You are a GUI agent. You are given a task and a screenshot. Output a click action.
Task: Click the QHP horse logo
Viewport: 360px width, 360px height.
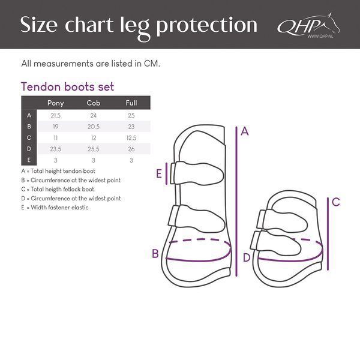click(308, 25)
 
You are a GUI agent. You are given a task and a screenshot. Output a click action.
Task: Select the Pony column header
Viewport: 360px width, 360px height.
click(56, 103)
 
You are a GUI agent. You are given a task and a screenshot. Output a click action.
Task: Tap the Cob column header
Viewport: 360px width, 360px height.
click(94, 103)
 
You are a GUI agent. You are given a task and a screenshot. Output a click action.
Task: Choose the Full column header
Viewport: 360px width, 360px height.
click(131, 103)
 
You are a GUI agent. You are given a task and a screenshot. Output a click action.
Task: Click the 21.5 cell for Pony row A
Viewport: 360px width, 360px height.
click(56, 115)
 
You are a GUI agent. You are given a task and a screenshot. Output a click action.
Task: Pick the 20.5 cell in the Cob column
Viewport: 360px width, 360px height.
click(94, 127)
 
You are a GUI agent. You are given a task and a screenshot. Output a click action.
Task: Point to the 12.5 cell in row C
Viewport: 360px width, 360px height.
click(131, 138)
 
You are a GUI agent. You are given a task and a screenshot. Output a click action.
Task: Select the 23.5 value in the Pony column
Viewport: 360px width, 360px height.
click(56, 149)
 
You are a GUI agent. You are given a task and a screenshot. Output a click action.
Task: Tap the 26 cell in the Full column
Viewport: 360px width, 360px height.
click(131, 149)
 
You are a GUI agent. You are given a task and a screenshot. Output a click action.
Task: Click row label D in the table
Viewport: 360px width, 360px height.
click(29, 149)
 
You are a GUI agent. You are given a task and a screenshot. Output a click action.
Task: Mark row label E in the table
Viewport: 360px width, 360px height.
click(29, 160)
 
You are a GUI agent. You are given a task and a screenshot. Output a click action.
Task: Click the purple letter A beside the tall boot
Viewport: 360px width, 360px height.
click(245, 131)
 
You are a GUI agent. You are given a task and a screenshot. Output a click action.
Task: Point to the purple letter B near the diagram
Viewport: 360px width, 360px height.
click(155, 254)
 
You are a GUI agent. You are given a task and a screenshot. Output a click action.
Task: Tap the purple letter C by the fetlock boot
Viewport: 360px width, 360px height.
click(336, 202)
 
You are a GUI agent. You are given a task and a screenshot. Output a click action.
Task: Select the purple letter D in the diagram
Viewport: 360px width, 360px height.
click(247, 257)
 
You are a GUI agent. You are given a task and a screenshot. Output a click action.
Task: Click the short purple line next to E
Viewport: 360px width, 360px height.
click(166, 173)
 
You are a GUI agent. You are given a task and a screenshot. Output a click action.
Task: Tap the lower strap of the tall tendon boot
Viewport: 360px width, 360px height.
click(197, 218)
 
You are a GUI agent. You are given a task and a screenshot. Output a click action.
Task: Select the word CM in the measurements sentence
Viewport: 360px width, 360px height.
click(152, 64)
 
